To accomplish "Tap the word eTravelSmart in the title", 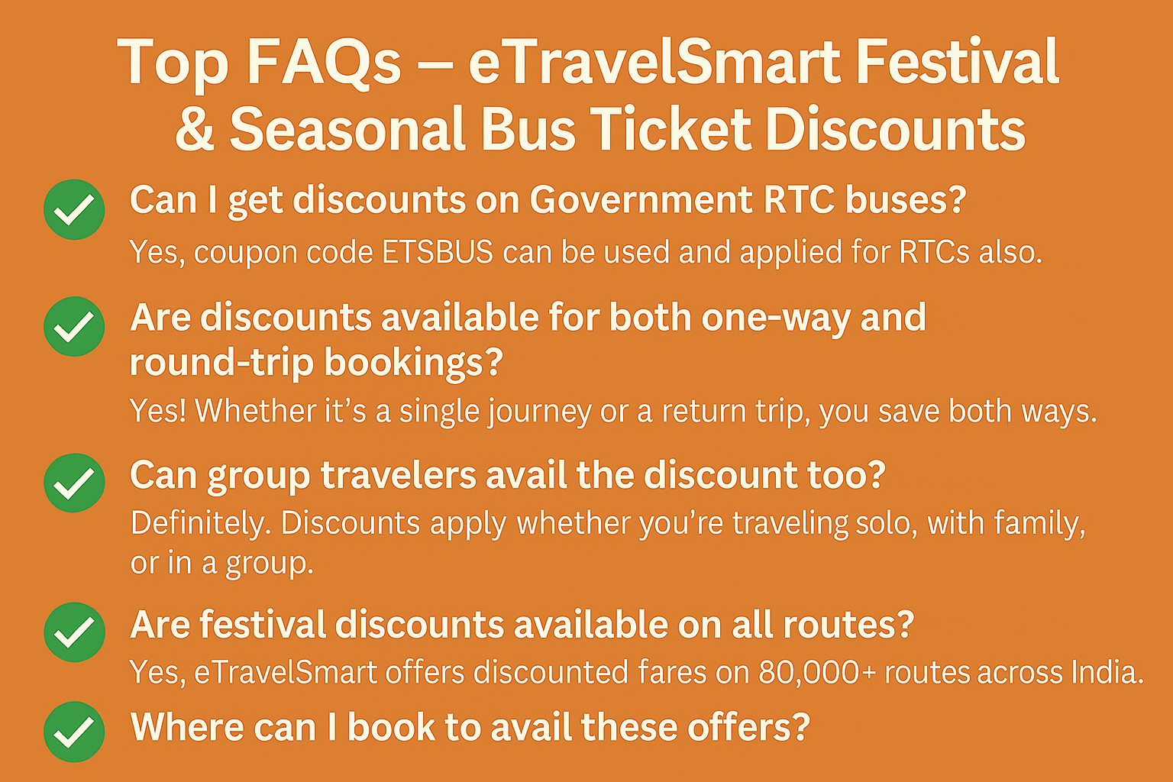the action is point(654,62).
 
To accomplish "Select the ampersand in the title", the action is point(195,129).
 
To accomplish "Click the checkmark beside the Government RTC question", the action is point(74,209).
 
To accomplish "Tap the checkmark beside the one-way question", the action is point(74,327).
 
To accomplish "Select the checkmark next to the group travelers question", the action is point(74,483).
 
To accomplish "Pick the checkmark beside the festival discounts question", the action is point(74,632).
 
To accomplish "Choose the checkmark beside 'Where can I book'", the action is point(74,732).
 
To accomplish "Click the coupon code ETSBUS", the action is point(438,252).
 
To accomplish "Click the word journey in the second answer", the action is point(539,412).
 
